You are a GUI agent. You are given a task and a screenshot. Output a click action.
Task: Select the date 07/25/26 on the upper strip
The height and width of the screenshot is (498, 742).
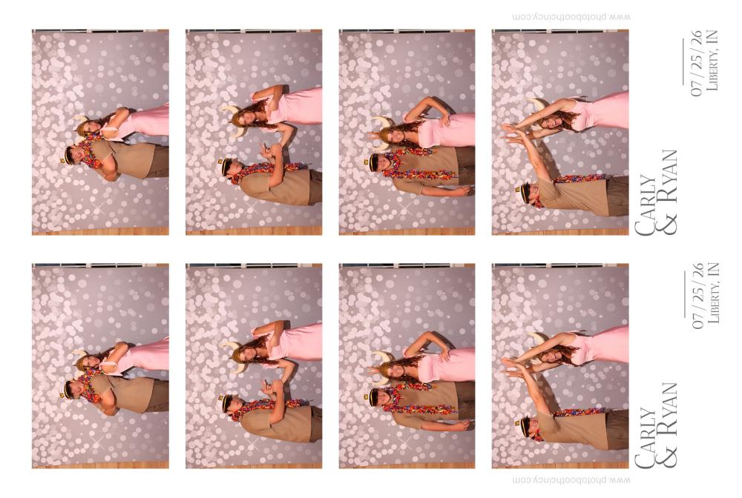[697, 63]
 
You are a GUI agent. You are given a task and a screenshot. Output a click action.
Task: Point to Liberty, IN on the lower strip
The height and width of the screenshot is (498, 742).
[712, 293]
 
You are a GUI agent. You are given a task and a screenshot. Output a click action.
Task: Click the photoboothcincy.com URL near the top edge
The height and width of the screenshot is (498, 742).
[571, 17]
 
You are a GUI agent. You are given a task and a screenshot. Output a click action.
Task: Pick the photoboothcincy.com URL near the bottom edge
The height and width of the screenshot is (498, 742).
[571, 480]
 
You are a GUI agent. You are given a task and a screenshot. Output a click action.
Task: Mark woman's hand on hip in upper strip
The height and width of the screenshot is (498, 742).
[444, 119]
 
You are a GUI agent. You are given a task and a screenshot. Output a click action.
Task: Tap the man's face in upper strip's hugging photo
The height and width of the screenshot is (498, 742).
[73, 153]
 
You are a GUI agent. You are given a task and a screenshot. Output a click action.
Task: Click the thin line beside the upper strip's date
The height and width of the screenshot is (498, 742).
[683, 62]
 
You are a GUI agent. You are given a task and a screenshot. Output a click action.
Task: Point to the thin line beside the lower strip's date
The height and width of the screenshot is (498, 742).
[684, 294]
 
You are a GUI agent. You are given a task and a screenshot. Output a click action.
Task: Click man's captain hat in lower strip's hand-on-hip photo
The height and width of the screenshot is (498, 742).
[370, 397]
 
